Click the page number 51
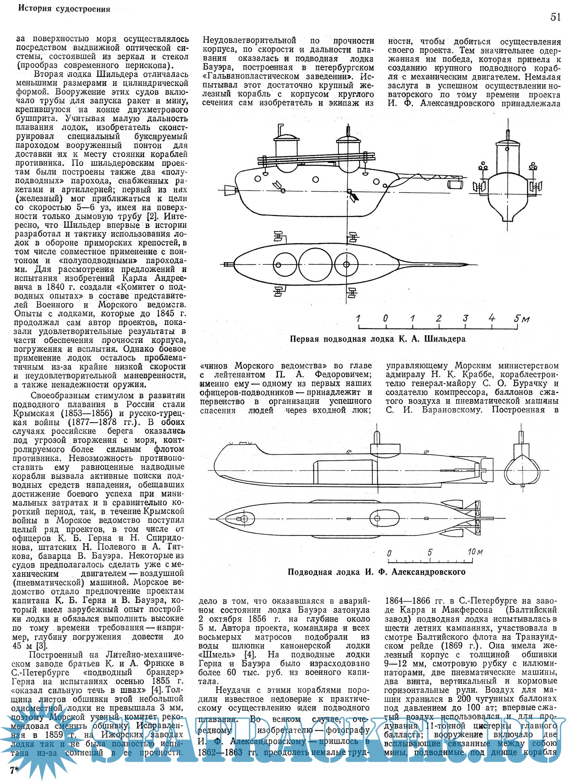(556, 17)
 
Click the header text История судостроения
(64, 9)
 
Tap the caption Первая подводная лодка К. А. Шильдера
(378, 339)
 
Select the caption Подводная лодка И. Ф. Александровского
(376, 572)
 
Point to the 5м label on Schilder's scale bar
(521, 319)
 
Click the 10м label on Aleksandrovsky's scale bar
(475, 552)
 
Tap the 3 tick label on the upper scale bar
(465, 318)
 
